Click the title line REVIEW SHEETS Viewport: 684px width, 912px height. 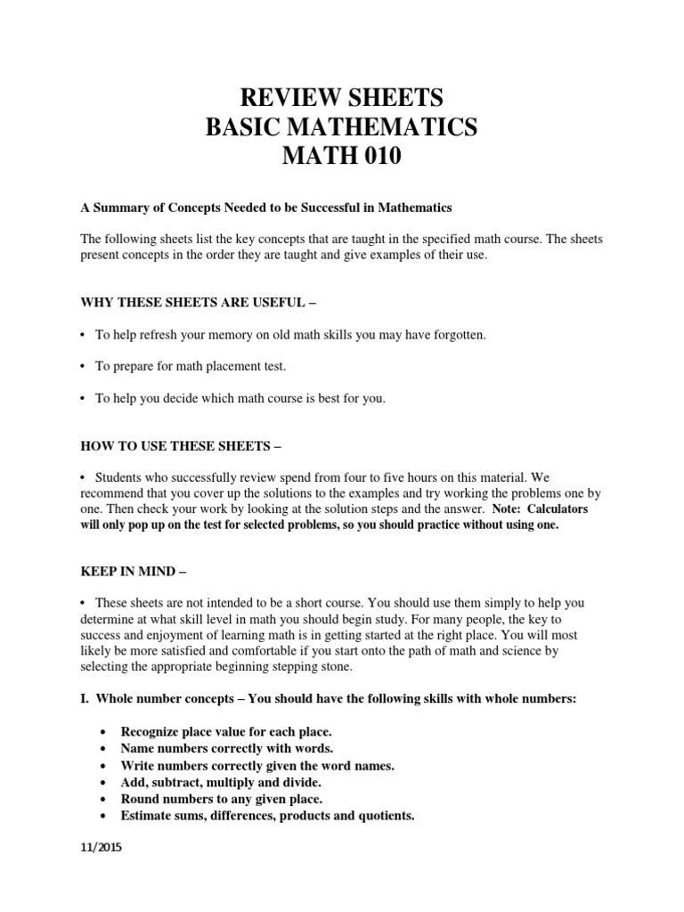coord(341,97)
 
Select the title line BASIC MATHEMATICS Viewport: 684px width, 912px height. coord(341,127)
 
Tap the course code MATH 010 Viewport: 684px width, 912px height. coord(341,158)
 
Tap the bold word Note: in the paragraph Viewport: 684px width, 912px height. coord(509,510)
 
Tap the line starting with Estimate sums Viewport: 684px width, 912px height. coord(267,815)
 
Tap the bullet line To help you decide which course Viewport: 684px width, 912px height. coord(240,398)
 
